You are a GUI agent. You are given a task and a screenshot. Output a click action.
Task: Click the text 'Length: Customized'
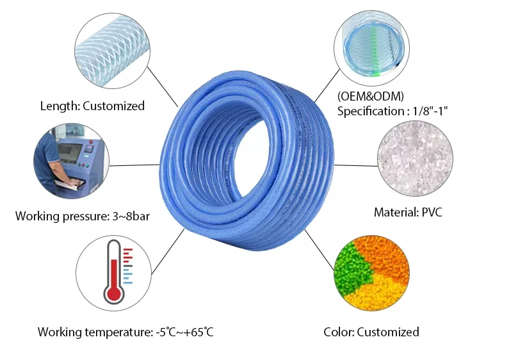click(92, 106)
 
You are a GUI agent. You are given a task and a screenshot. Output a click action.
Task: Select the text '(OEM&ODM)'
click(371, 96)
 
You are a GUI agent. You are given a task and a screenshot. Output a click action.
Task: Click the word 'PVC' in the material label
click(430, 212)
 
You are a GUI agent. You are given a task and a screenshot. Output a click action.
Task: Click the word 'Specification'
click(369, 111)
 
